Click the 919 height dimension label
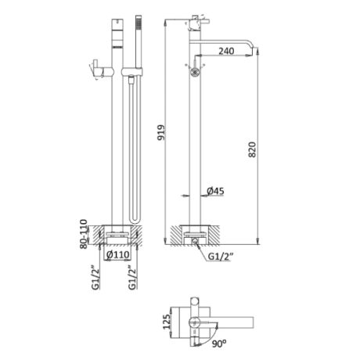coord(161,132)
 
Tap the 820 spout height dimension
coord(252,149)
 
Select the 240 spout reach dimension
coord(226,51)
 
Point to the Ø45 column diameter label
coord(215,191)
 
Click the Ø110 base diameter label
coord(118,254)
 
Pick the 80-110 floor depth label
coord(84,234)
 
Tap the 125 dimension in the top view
coord(166,322)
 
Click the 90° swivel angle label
coord(219,344)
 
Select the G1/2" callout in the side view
coord(221,257)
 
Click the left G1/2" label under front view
coord(95,277)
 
